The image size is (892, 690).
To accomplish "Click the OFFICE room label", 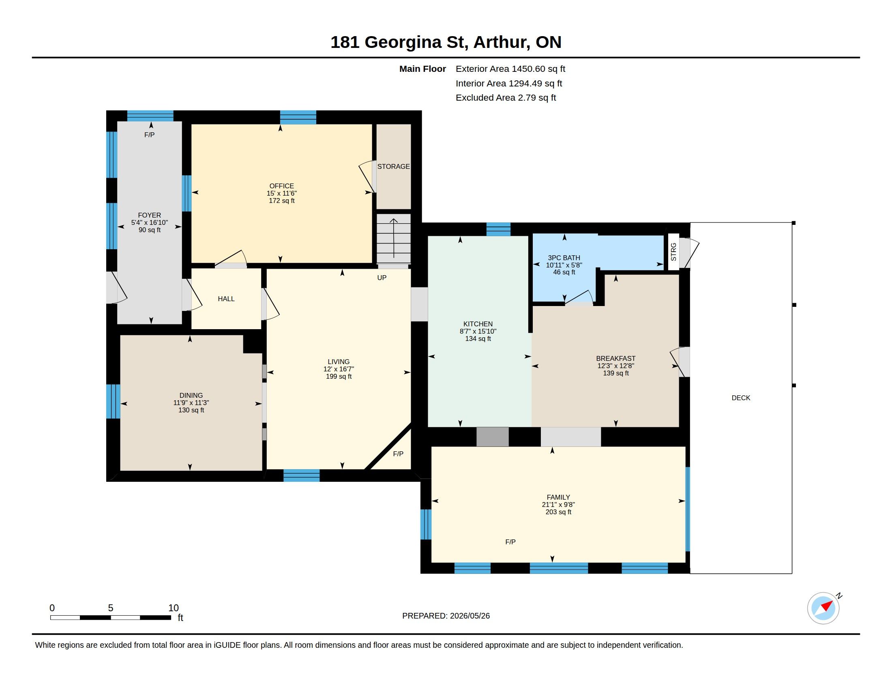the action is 281,186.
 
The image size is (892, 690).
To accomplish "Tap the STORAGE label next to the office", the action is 393,166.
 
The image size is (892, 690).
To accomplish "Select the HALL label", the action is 226,299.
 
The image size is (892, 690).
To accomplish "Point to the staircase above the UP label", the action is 393,239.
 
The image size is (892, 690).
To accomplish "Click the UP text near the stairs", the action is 382,278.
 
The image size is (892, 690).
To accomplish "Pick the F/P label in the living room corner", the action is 398,454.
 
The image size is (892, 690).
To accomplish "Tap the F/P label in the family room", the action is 510,541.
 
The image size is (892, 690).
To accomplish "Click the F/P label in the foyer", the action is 150,135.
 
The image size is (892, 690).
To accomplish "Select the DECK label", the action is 741,398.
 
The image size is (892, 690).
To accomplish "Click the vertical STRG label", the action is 673,252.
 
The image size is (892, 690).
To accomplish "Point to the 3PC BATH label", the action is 564,257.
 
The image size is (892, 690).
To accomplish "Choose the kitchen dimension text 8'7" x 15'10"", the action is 478,331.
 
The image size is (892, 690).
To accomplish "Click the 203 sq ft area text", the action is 558,512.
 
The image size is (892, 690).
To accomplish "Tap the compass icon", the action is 823,608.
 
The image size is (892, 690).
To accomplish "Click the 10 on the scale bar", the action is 174,608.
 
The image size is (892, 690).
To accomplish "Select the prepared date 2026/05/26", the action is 470,616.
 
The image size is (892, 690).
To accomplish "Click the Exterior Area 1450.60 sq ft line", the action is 510,69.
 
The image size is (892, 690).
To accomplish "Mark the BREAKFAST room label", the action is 616,358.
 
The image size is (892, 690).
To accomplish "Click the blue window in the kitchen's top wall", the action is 498,229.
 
